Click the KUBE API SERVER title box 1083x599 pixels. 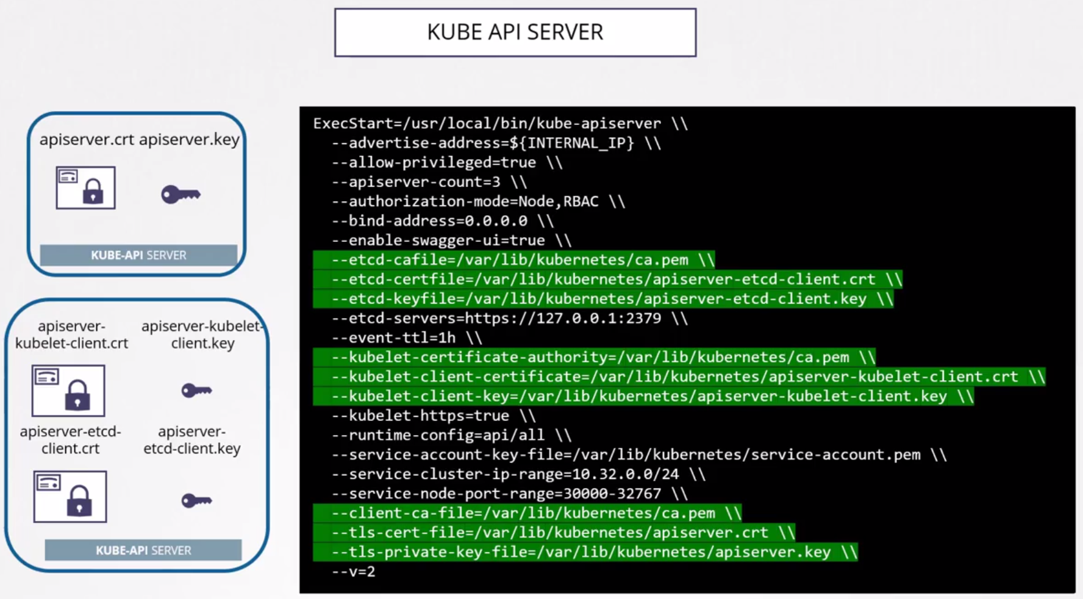[515, 32]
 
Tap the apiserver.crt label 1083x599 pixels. [87, 140]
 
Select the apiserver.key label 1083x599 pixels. [189, 140]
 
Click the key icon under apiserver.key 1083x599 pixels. [180, 194]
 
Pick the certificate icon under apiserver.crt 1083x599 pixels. [85, 188]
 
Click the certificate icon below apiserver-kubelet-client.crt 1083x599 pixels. [68, 391]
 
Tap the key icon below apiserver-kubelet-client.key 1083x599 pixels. [196, 390]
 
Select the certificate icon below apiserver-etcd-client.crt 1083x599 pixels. [70, 496]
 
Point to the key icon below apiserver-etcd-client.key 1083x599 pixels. [196, 501]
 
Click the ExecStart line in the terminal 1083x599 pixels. [500, 124]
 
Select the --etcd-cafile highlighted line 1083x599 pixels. [513, 260]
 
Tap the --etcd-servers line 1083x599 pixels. [509, 318]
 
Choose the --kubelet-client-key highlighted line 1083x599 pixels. [643, 396]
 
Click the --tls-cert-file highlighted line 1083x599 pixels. [554, 533]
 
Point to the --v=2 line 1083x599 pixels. [353, 572]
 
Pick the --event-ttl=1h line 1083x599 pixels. [406, 338]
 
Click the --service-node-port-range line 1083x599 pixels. [509, 494]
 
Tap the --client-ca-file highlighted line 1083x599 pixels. [527, 513]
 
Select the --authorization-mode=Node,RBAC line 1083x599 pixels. [478, 202]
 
